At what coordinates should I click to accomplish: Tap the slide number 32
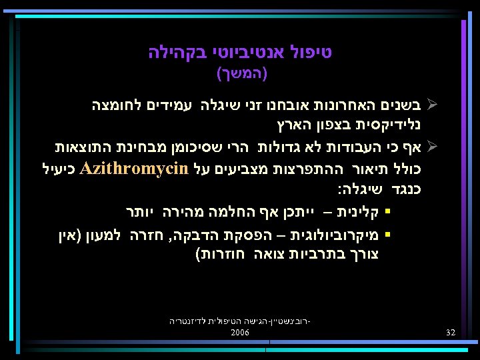point(451,332)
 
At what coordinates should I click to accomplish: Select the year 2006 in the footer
point(240,331)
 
